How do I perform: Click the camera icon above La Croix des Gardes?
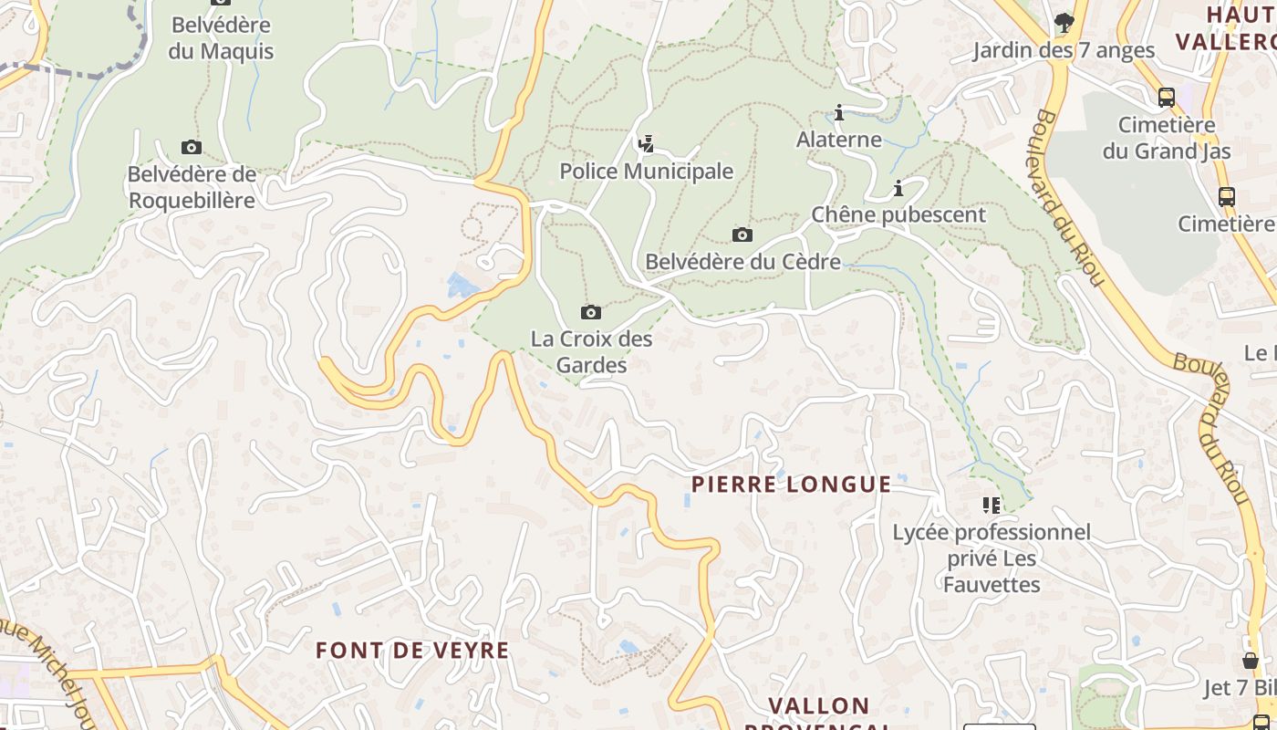click(x=591, y=313)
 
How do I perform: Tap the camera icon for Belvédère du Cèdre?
click(x=742, y=235)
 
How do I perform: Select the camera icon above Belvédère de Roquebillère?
click(x=191, y=148)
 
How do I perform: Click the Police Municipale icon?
click(x=646, y=143)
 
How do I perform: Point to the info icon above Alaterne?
click(x=839, y=113)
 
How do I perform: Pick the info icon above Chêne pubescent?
click(x=898, y=189)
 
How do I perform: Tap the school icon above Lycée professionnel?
click(x=991, y=505)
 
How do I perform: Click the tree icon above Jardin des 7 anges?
click(x=1064, y=22)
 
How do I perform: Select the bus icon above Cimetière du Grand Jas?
click(x=1166, y=98)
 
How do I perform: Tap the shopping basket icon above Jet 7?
click(x=1251, y=660)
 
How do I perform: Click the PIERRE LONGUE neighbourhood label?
click(x=791, y=485)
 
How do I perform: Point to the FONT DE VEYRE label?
click(x=412, y=651)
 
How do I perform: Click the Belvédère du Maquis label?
click(x=221, y=37)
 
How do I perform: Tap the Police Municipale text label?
click(x=646, y=172)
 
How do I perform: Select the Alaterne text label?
click(x=839, y=140)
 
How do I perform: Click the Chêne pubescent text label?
click(x=898, y=214)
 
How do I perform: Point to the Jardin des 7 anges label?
click(x=1064, y=50)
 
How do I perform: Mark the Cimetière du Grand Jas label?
click(x=1167, y=138)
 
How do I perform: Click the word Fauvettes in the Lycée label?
click(x=991, y=584)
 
